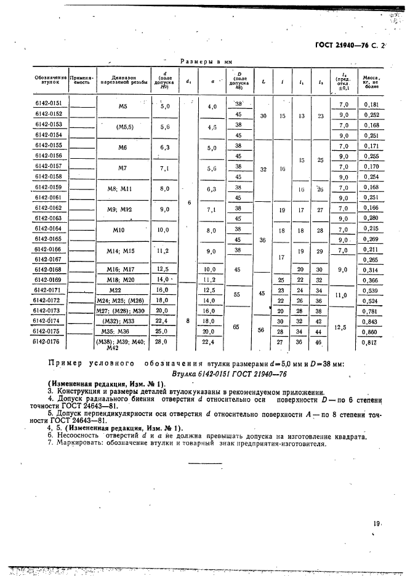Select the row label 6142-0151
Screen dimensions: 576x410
49,103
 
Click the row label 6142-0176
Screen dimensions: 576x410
49,342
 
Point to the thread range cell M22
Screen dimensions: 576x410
123,290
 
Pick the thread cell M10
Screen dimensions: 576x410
123,230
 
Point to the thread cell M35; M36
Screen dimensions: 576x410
123,331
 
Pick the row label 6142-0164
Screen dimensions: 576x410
49,228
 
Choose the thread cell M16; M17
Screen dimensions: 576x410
123,270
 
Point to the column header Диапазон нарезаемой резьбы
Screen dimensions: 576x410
123,81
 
